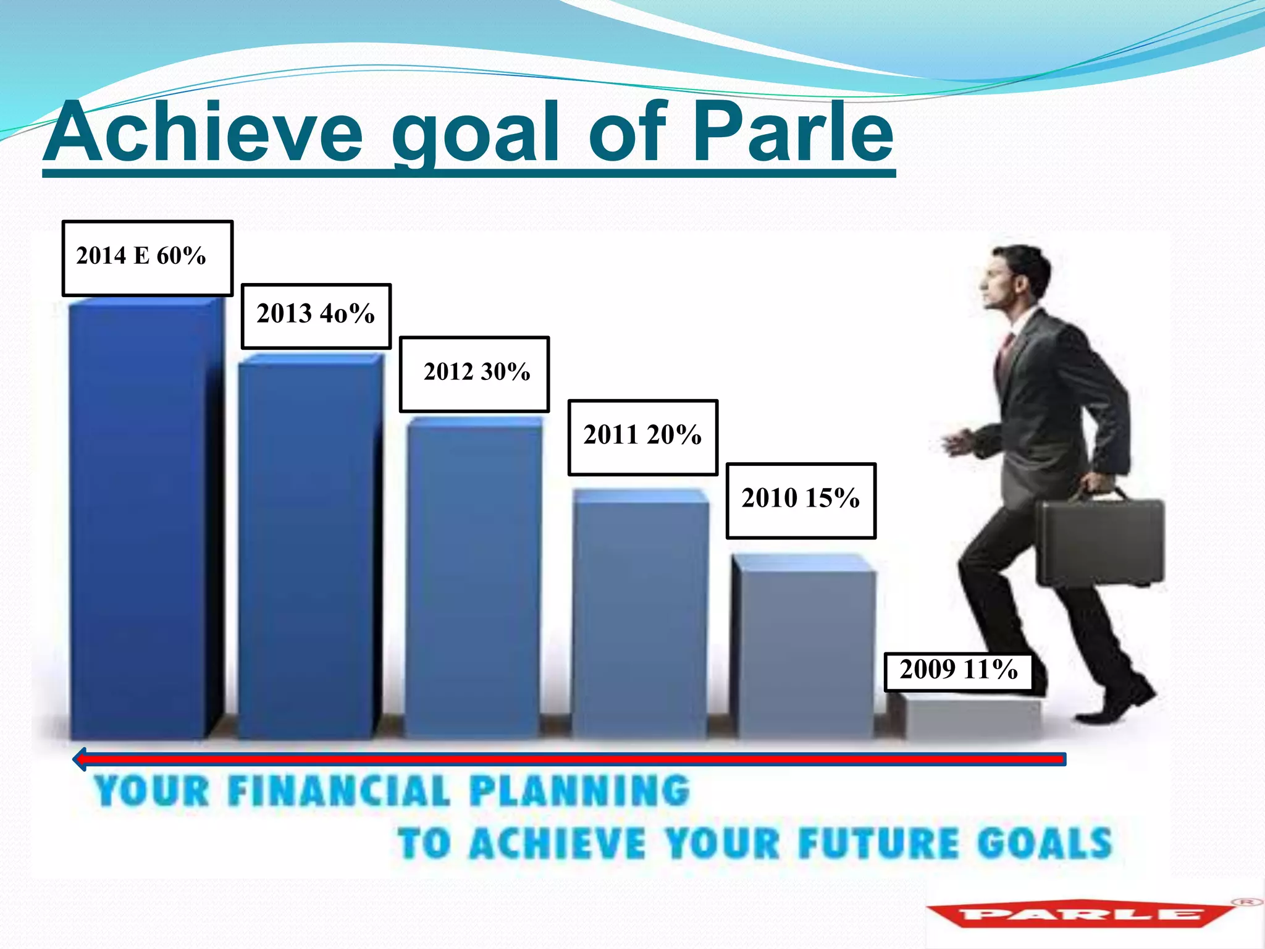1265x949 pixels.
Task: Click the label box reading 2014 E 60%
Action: [147, 258]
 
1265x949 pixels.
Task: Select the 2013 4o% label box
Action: [316, 316]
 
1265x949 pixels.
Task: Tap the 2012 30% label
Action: [474, 374]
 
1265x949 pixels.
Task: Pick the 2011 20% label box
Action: [642, 437]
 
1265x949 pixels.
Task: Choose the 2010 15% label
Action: [801, 500]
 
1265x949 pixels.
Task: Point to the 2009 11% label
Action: [957, 671]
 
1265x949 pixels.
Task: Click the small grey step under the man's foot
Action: [970, 717]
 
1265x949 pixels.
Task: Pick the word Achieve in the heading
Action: [204, 133]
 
